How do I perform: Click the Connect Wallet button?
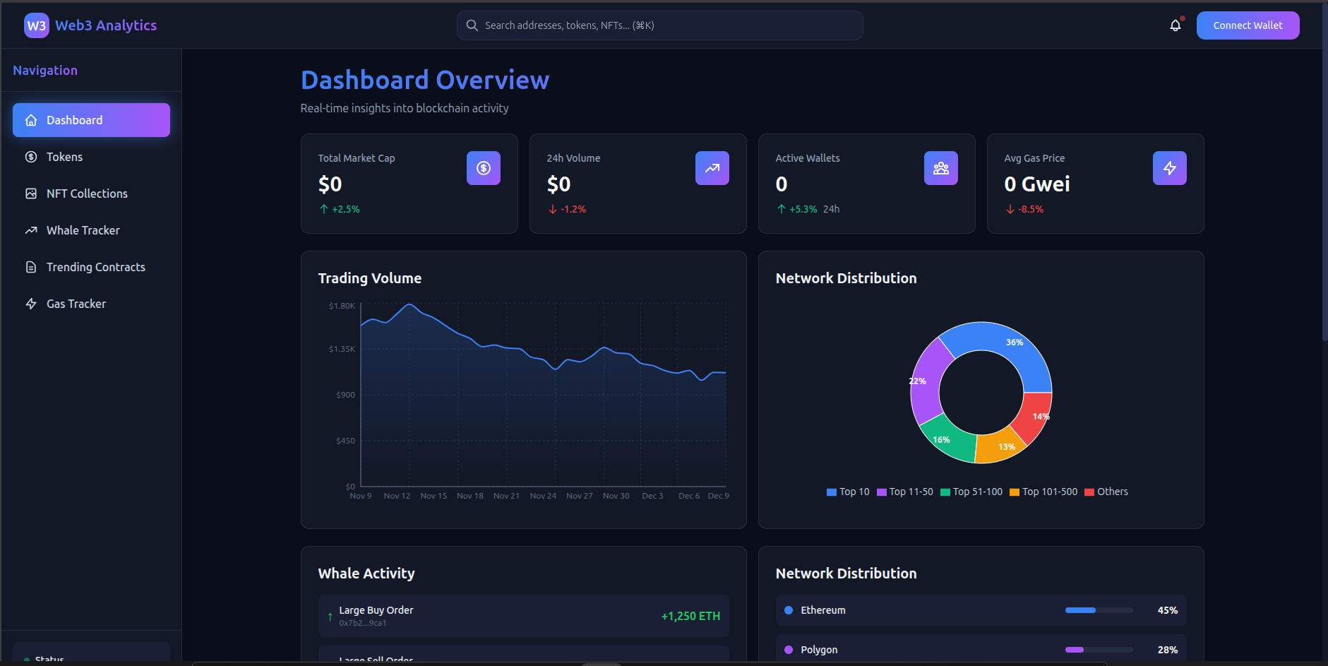point(1248,25)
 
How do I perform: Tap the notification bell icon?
point(1175,25)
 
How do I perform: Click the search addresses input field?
point(659,25)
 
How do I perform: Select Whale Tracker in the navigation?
point(83,230)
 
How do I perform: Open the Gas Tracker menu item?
point(76,304)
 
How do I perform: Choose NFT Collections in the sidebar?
point(87,194)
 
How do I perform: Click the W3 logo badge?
point(36,25)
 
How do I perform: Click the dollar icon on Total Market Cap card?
point(483,168)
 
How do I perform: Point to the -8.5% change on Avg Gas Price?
point(1030,209)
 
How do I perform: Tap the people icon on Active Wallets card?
point(940,168)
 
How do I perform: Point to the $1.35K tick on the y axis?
point(342,349)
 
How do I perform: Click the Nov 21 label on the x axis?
point(506,496)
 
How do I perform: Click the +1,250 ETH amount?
point(690,616)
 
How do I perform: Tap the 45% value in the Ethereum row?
point(1167,610)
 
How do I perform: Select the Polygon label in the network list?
point(819,650)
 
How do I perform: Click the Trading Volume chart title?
point(369,278)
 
